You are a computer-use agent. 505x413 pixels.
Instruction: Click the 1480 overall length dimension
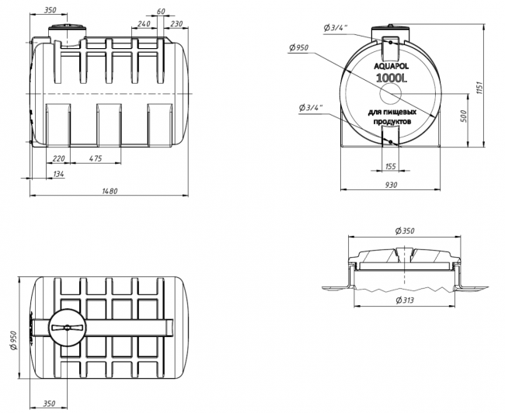(110, 191)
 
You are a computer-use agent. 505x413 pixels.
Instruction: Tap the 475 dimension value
(96, 158)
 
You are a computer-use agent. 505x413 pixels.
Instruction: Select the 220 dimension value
(58, 158)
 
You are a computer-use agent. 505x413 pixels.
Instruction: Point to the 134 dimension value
(58, 174)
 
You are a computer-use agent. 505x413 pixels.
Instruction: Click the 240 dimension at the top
(144, 24)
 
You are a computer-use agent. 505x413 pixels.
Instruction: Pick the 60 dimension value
(161, 12)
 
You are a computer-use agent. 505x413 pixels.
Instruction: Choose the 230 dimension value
(176, 24)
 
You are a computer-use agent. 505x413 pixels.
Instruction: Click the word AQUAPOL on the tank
(391, 66)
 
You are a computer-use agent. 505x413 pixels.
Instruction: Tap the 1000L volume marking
(392, 78)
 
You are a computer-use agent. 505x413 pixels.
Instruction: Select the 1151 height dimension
(479, 88)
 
